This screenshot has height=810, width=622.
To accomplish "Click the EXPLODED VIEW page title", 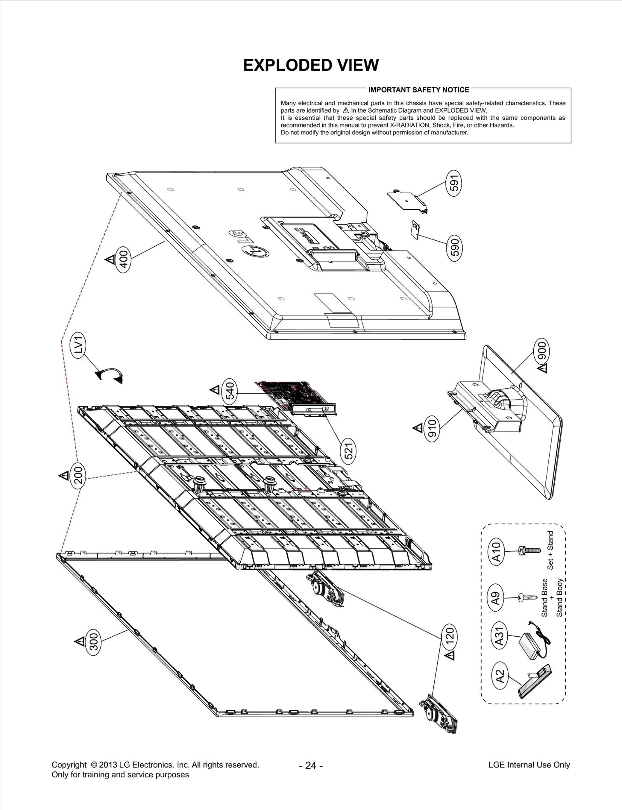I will click(x=311, y=65).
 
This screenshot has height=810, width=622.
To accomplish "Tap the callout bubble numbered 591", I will click(x=454, y=183).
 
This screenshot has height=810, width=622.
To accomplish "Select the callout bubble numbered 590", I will click(x=454, y=247).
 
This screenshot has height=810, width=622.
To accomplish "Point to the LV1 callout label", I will click(x=79, y=345).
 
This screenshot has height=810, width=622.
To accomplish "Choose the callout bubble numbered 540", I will click(x=230, y=390).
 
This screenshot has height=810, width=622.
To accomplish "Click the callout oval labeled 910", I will click(x=432, y=428).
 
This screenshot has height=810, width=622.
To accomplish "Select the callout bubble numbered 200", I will click(x=79, y=475).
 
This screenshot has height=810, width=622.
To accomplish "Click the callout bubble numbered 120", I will click(x=450, y=637).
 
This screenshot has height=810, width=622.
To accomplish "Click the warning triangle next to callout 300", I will click(x=80, y=641).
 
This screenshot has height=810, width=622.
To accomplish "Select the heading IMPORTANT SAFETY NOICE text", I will click(x=419, y=90).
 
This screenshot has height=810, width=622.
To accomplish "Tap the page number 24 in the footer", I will click(x=311, y=765).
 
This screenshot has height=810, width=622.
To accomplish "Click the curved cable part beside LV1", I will click(x=109, y=375).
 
